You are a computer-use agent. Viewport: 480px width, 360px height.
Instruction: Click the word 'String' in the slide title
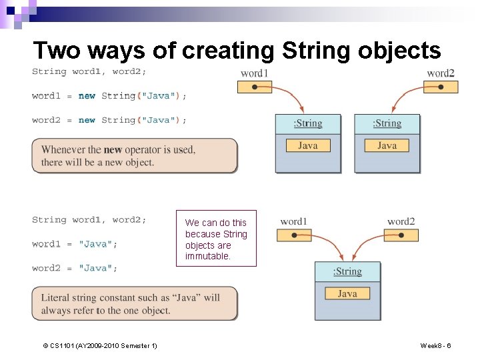[x=314, y=51]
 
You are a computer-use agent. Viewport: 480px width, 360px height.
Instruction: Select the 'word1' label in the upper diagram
[x=254, y=73]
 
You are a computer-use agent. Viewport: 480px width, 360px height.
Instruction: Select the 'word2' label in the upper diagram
[x=441, y=73]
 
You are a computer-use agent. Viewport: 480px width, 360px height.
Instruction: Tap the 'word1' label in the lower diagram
[x=293, y=221]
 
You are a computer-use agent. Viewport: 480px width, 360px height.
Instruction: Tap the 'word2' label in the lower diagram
[x=401, y=221]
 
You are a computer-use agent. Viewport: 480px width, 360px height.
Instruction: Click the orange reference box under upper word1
[x=254, y=87]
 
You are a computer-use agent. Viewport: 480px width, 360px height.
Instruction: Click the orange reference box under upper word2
[x=440, y=87]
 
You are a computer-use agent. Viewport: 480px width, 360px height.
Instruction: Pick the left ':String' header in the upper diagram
[x=308, y=123]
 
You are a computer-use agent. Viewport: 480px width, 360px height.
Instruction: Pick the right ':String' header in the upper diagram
[x=387, y=123]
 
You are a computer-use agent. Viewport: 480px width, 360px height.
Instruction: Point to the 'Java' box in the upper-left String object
[x=308, y=145]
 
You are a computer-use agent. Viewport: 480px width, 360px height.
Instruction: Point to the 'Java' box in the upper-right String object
[x=387, y=145]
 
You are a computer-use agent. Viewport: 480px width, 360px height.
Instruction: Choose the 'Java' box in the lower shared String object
[x=347, y=293]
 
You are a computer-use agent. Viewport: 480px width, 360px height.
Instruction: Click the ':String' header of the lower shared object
[x=347, y=271]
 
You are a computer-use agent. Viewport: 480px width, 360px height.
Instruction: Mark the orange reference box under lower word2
[x=401, y=235]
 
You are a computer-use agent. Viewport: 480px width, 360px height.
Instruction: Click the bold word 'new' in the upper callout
[x=113, y=150]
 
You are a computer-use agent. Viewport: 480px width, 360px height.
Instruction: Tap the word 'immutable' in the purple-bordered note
[x=207, y=256]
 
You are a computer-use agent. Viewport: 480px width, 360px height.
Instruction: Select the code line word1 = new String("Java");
[x=109, y=96]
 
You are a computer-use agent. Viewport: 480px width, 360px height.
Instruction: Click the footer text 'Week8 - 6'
[x=435, y=345]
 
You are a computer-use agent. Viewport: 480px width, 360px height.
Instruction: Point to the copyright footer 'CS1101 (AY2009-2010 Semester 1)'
[x=100, y=345]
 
